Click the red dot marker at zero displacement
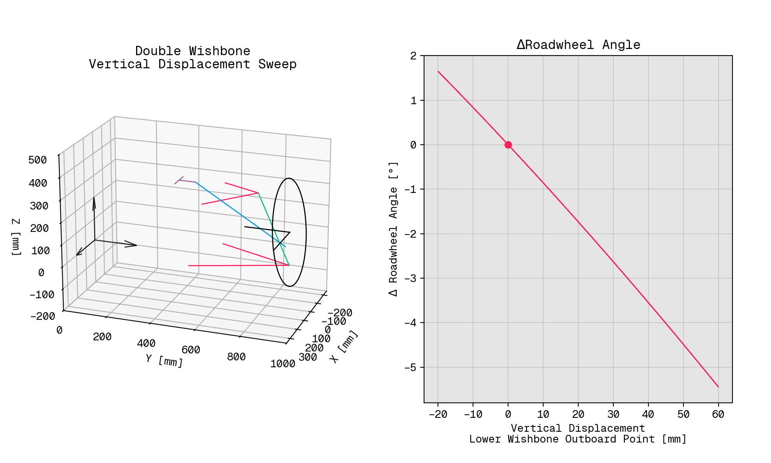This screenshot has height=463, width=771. [x=508, y=145]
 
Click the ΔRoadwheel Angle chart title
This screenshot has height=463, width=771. [x=578, y=45]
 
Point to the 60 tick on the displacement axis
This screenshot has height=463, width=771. [x=718, y=414]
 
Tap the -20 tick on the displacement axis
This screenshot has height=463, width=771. [x=438, y=414]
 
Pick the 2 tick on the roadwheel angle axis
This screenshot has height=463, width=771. [x=414, y=56]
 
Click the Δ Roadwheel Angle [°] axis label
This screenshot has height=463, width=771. [x=393, y=229]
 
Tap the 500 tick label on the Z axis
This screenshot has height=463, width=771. [x=38, y=160]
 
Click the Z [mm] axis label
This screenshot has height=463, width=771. [x=16, y=237]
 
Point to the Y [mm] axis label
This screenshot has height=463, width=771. [x=164, y=360]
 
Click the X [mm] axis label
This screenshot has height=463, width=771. [x=344, y=346]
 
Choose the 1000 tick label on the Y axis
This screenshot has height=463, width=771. [x=283, y=364]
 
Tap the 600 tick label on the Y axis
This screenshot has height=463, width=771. [x=191, y=350]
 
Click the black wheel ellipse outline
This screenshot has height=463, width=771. [x=306, y=231]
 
